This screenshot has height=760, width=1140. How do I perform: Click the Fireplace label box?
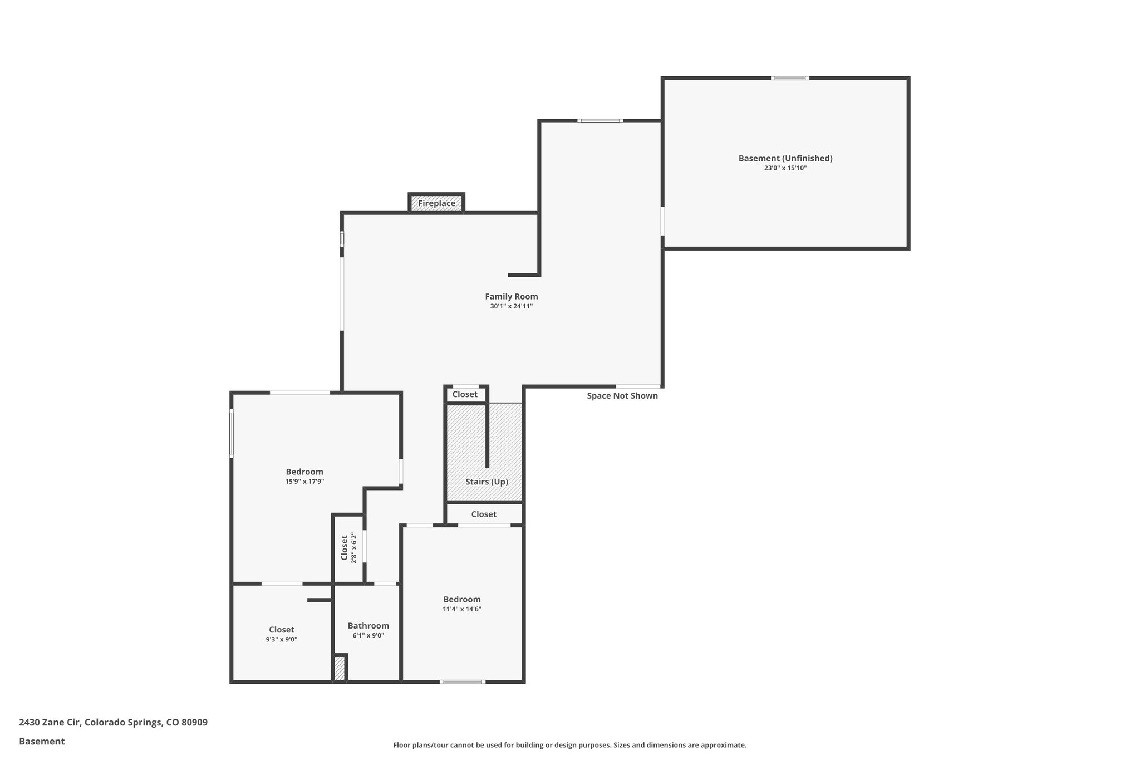click(x=436, y=203)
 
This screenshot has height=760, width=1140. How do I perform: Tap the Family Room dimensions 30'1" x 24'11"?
click(x=511, y=306)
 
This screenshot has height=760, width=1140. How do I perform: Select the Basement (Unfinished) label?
click(x=785, y=158)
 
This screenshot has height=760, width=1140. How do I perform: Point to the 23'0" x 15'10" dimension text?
click(x=785, y=168)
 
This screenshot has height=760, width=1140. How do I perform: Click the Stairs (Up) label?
click(x=487, y=482)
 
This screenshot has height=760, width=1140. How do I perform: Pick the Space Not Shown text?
click(x=622, y=396)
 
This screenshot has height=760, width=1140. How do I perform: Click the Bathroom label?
click(x=368, y=626)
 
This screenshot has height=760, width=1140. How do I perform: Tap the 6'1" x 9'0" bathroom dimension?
click(x=368, y=636)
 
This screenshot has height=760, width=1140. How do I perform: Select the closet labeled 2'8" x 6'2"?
click(x=348, y=548)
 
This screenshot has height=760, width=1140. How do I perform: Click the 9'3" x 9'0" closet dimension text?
click(x=281, y=640)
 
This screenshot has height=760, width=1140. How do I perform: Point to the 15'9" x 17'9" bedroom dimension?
click(x=304, y=482)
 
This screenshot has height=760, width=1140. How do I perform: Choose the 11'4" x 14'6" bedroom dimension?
click(x=461, y=609)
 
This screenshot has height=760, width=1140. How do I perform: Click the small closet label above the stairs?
click(x=465, y=394)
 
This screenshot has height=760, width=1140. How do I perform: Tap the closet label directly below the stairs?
click(x=483, y=514)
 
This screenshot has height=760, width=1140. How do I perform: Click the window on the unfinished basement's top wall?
click(x=789, y=78)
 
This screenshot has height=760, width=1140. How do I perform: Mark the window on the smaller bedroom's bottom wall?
click(x=462, y=681)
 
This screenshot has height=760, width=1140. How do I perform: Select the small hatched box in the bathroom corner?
click(x=340, y=668)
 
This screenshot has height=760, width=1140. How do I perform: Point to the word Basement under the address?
click(x=42, y=741)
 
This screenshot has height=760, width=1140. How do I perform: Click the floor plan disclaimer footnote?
click(x=569, y=745)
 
